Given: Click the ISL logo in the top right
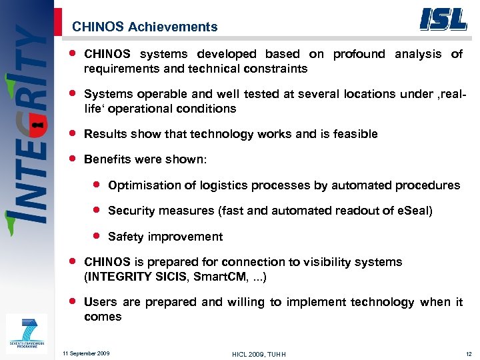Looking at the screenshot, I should coord(443,19).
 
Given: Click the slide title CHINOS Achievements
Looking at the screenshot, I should coord(145,27).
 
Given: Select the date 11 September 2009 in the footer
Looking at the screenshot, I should coord(86,353).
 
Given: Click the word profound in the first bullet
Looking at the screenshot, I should coord(359,54).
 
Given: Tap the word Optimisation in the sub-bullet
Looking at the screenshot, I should coord(141,185).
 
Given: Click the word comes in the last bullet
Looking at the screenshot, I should coord(103,317).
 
